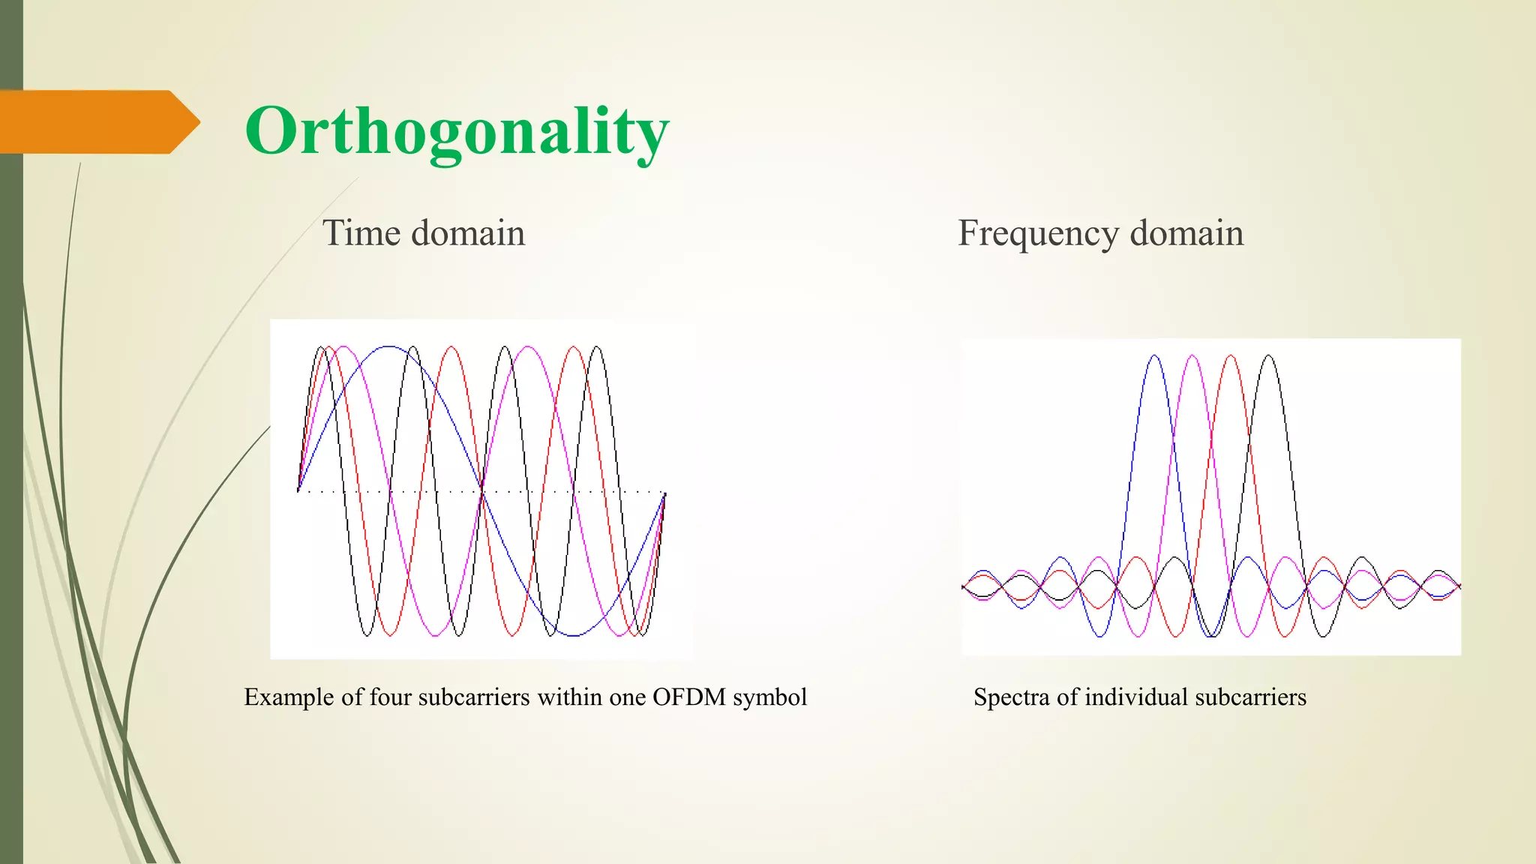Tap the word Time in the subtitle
[361, 232]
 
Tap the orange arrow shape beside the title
[97, 122]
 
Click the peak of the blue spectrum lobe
[1154, 356]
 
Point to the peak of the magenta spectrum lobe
[1192, 356]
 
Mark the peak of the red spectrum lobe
[1231, 356]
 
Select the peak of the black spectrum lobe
[1269, 356]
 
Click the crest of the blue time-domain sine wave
[389, 347]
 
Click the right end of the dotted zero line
[664, 492]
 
